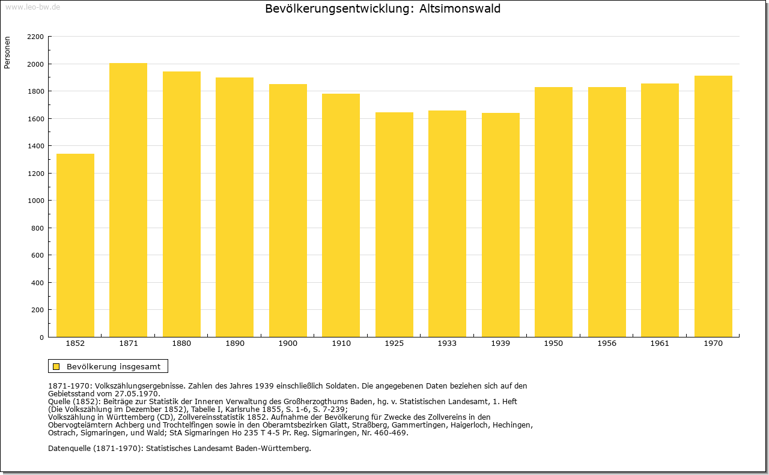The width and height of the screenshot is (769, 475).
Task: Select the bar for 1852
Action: [x=75, y=246]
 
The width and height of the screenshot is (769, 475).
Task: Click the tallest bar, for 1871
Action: [x=129, y=200]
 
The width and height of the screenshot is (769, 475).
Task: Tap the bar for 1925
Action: [x=394, y=225]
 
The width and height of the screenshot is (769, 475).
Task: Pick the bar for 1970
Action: [x=713, y=206]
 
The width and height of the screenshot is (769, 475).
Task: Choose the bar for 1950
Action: [x=553, y=212]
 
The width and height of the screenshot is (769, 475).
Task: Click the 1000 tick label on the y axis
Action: [x=35, y=201]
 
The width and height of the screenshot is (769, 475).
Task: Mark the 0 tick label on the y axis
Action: [x=41, y=337]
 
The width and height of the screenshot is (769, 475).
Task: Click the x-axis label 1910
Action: [x=341, y=343]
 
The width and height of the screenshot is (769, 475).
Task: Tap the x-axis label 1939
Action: [x=500, y=343]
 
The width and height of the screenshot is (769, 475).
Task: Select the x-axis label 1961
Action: [x=660, y=343]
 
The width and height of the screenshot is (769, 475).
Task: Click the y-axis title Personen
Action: [x=7, y=52]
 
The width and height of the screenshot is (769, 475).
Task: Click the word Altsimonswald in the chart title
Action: [x=460, y=8]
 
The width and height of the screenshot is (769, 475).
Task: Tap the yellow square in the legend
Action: [x=56, y=366]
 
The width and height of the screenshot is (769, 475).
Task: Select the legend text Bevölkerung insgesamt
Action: [x=114, y=366]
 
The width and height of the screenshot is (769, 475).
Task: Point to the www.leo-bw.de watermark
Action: [x=32, y=7]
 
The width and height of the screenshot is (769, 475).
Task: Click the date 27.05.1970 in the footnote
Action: [x=137, y=394]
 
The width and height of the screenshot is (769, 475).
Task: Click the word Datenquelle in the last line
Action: [x=69, y=449]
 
